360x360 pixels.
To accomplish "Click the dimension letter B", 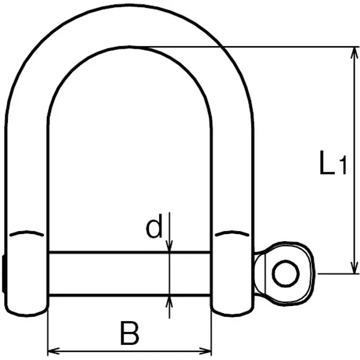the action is point(130,334).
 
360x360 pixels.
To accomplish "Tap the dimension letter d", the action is point(154,226).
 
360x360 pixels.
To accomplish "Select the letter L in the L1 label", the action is point(327,163).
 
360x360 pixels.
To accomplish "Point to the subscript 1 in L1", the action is point(343,166).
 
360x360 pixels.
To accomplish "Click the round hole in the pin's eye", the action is point(286,274).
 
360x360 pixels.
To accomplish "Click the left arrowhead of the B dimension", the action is point(54,351).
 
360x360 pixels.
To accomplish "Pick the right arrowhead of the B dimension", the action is point(205,351).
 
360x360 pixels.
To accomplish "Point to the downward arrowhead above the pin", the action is point(169,246).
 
